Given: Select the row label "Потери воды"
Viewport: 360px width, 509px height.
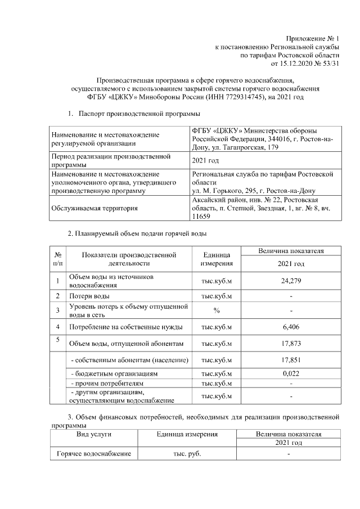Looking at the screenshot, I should [89, 296].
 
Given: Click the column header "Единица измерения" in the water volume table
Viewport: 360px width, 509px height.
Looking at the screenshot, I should [217, 259].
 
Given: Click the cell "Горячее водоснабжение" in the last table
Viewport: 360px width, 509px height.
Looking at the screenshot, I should [93, 454].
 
